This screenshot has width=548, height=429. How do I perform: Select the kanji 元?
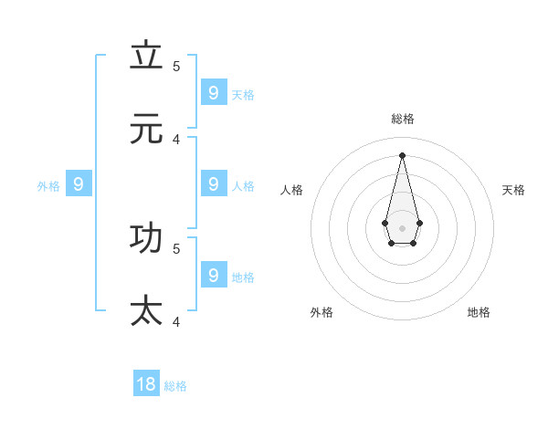(x=146, y=129)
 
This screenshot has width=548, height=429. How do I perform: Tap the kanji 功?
(x=146, y=237)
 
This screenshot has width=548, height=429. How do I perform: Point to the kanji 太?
(x=146, y=310)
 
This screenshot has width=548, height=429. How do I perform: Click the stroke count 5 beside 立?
(x=176, y=66)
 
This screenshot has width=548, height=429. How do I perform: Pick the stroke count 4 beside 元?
(x=176, y=139)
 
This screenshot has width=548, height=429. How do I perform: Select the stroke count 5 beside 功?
(x=176, y=247)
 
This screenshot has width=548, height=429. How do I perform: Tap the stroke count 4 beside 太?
(x=176, y=321)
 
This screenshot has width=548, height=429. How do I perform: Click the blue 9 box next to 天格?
(x=214, y=92)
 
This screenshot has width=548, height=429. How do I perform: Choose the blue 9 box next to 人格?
(x=214, y=184)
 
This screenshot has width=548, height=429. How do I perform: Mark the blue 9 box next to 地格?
(x=214, y=274)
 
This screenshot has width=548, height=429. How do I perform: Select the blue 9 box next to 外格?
(x=79, y=184)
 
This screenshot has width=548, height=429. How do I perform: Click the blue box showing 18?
(x=146, y=384)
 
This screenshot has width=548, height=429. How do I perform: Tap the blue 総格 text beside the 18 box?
(x=175, y=386)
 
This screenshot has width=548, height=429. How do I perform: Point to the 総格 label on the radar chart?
(x=403, y=119)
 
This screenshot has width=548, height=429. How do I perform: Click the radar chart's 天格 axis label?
(x=513, y=190)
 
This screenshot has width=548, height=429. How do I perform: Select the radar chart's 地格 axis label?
(x=479, y=312)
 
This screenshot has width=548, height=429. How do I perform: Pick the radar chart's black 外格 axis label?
(x=321, y=312)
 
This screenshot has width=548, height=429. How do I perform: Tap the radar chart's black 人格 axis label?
(x=291, y=190)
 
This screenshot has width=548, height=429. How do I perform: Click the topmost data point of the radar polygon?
(x=402, y=154)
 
